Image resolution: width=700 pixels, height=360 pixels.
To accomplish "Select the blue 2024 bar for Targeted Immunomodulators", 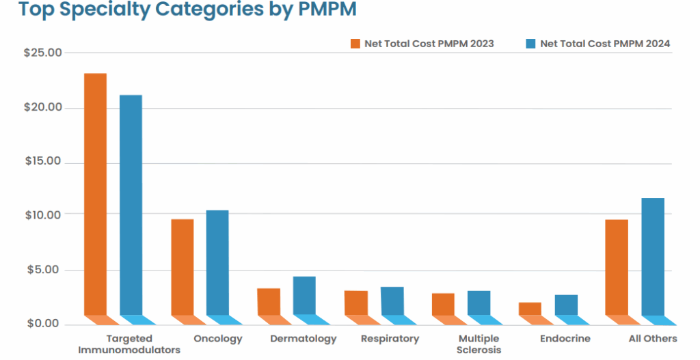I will [131, 205].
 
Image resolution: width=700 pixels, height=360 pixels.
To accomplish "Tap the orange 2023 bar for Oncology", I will [182, 267].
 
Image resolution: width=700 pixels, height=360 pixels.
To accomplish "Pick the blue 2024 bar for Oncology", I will [217, 262].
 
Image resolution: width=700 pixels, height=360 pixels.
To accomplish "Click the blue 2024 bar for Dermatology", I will [304, 296].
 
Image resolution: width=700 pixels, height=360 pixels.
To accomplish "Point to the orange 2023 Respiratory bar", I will [355, 303].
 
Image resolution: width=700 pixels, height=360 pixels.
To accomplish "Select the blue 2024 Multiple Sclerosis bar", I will [479, 303].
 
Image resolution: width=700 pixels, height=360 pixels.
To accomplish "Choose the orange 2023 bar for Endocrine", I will [530, 309].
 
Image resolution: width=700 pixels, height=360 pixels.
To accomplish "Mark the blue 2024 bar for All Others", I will [653, 257].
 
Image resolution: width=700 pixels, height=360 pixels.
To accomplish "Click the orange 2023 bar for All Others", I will [617, 267].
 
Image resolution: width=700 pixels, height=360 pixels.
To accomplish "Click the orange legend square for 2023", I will [355, 44].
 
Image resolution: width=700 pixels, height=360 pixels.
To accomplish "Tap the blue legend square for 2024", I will [530, 44].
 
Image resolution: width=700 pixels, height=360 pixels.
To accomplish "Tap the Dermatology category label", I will [304, 339].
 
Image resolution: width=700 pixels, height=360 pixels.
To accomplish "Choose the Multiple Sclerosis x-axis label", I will [479, 344].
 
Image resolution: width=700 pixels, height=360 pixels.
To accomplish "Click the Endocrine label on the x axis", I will [565, 339].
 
